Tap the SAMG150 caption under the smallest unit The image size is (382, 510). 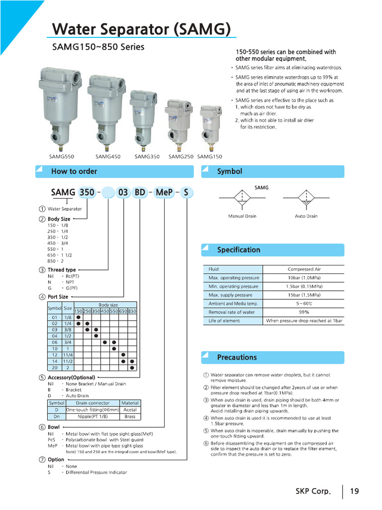pos(210,156)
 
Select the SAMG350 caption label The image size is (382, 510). pos(147,156)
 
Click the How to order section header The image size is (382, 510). pos(74,171)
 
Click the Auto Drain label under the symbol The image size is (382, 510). pos(306,216)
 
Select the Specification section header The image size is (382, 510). pos(238,250)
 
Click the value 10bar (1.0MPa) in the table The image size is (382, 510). pos(304,278)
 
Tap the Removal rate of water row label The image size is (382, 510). pos(232,312)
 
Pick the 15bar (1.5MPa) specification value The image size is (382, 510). pos(304,295)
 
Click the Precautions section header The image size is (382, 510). pos(237,358)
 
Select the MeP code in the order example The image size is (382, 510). pos(164,192)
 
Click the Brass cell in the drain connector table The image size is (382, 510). pos(130,416)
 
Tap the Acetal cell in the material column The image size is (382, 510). pos(130,410)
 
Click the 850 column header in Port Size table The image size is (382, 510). pos(132,311)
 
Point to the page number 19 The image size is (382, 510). pos(354,492)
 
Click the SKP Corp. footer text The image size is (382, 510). pos(313,492)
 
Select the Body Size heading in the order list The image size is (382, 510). pos(59,219)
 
